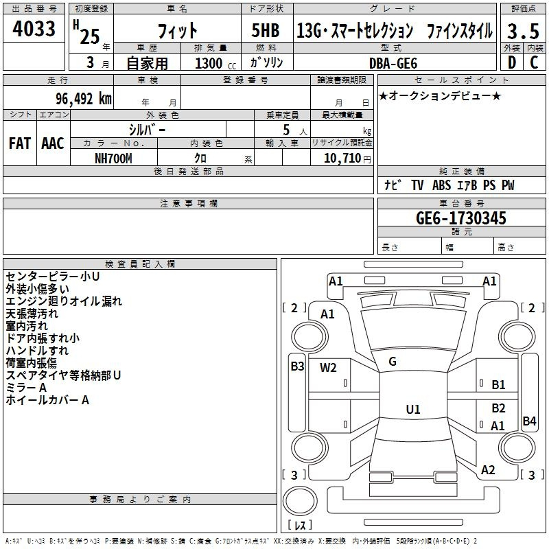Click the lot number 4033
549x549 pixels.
(34, 29)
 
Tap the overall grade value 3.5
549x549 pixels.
(523, 31)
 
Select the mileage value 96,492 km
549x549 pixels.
(84, 99)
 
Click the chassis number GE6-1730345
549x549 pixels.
(460, 218)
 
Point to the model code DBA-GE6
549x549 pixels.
(393, 63)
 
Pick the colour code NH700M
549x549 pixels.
(113, 159)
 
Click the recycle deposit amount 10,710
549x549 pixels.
(342, 158)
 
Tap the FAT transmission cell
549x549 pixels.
(20, 143)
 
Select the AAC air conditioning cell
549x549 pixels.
(53, 143)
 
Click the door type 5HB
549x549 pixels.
(266, 30)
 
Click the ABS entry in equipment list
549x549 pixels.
(441, 185)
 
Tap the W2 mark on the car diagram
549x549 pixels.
(328, 368)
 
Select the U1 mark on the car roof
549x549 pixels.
(413, 409)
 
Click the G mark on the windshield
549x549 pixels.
(393, 362)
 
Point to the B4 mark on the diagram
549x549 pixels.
(529, 421)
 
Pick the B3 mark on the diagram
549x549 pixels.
(297, 366)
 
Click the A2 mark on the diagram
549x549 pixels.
(488, 470)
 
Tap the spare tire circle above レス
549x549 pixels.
(300, 501)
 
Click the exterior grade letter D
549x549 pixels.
(512, 62)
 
